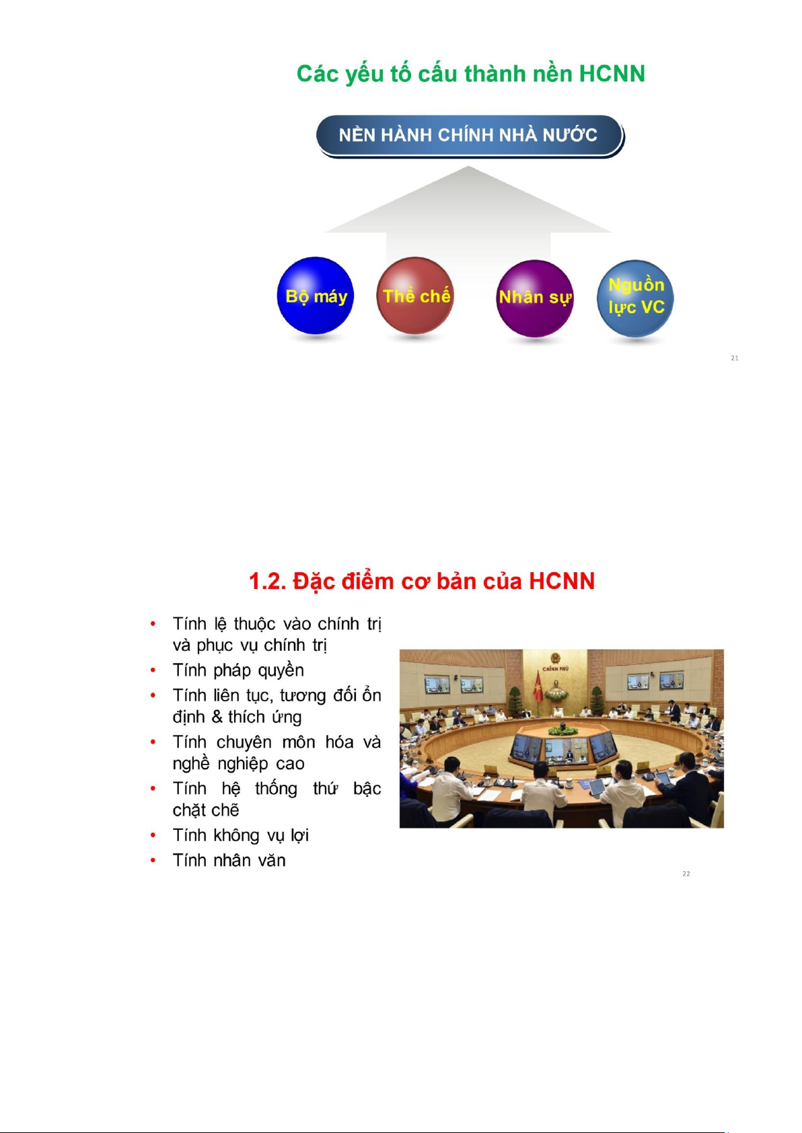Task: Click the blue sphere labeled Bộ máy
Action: [316, 296]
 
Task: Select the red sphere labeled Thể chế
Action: [415, 296]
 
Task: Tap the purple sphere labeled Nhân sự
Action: [535, 299]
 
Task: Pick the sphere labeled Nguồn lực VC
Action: [636, 299]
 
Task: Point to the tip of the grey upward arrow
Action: [468, 166]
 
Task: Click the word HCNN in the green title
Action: [612, 74]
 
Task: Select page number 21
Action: [735, 358]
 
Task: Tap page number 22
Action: [686, 873]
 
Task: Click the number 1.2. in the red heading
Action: [268, 581]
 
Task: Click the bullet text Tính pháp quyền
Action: [238, 670]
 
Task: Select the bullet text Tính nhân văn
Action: [229, 861]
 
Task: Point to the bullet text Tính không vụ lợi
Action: [241, 835]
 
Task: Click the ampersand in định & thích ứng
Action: [217, 717]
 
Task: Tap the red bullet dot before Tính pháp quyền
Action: [153, 670]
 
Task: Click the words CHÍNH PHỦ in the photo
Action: [556, 668]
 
